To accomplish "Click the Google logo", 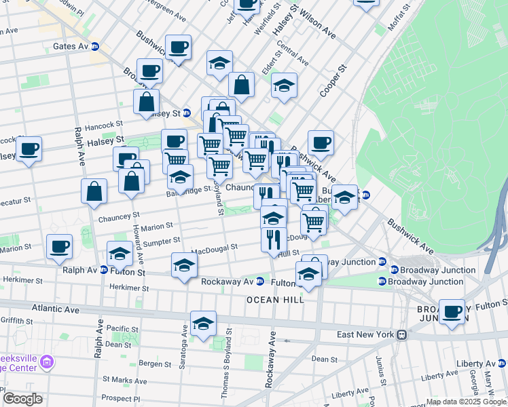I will tap(22, 399).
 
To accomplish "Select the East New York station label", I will tap(366, 334).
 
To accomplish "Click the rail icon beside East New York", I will tap(402, 334).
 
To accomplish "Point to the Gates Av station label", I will tap(71, 47).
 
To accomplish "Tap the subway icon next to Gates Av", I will tap(95, 47).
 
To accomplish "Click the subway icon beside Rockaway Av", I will tap(259, 282).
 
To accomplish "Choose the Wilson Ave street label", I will tap(318, 24).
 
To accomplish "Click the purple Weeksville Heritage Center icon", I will tap(47, 362).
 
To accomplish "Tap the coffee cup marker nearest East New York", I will tap(452, 312).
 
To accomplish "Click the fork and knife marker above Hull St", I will tap(274, 238).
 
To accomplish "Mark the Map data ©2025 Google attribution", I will tap(465, 402).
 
